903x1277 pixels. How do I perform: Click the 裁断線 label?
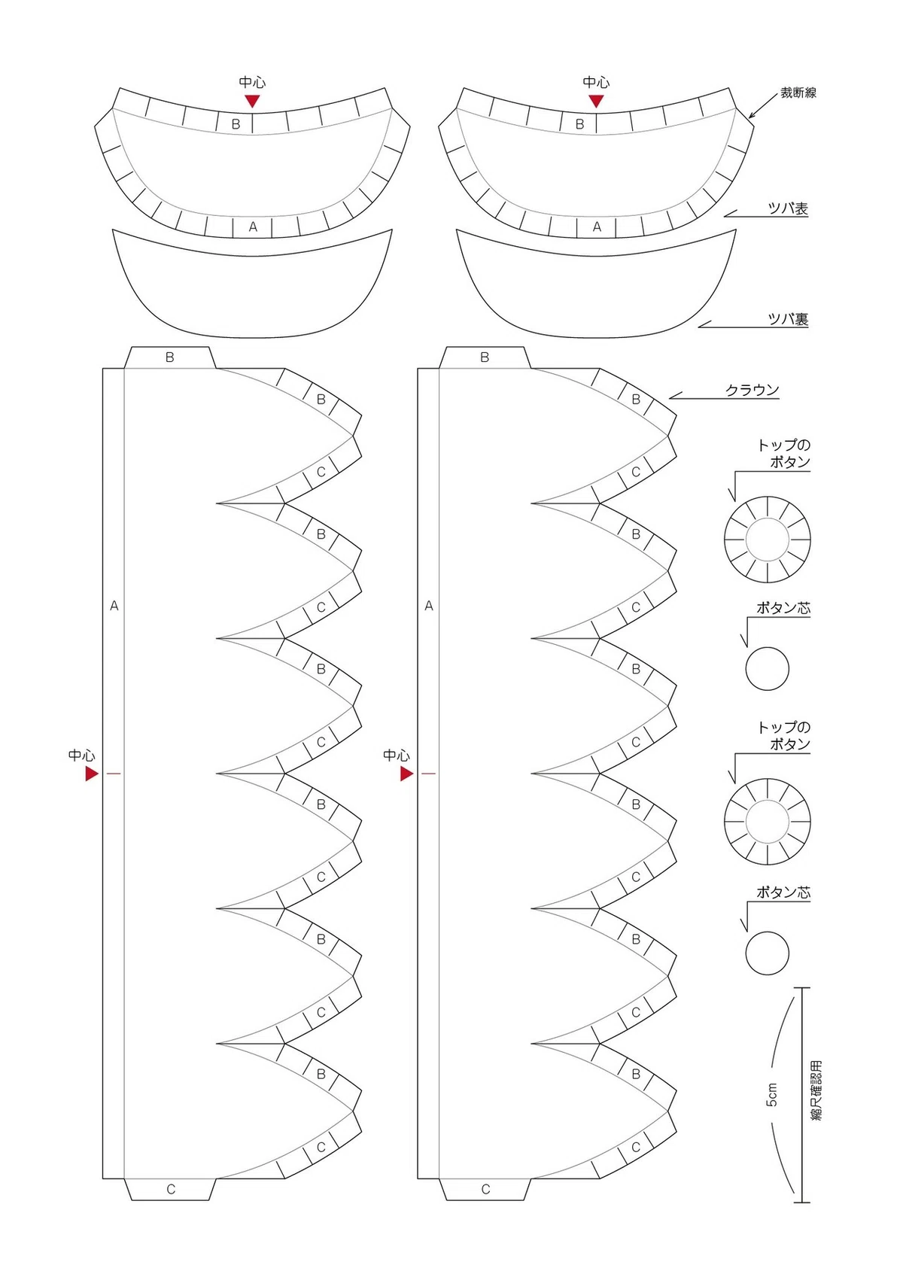[x=798, y=93]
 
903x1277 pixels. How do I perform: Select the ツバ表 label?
[x=789, y=208]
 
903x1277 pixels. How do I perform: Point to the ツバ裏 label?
[x=789, y=319]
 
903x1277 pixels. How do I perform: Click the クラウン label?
[x=752, y=390]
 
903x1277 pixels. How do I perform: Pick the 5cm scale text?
[x=771, y=1095]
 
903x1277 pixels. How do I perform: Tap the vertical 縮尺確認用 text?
[x=816, y=1091]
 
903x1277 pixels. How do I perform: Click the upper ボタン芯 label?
[x=783, y=608]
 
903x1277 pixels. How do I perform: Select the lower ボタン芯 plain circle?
[x=768, y=953]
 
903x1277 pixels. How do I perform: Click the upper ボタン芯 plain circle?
[x=768, y=669]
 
